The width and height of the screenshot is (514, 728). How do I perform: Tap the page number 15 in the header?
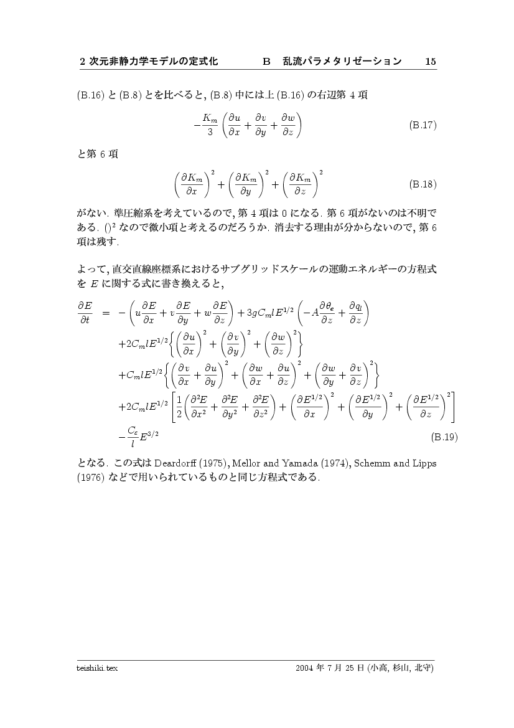430,62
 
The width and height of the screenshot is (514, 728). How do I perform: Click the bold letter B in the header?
267,62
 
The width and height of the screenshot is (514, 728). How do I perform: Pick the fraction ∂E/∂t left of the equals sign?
85,313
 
